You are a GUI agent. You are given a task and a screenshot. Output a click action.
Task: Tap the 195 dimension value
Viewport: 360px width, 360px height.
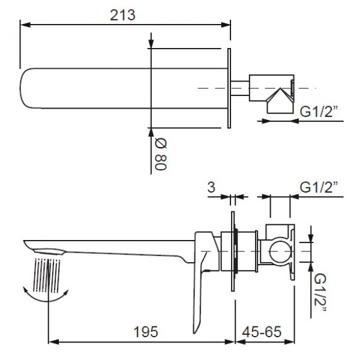[x=143, y=331]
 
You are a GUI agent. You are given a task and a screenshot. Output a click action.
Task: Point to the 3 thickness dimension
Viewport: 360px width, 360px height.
[x=211, y=187]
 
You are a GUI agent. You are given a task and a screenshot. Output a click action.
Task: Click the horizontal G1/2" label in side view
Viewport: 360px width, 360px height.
[x=319, y=187]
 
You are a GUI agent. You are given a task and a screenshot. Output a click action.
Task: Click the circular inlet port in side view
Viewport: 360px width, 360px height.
[x=279, y=248]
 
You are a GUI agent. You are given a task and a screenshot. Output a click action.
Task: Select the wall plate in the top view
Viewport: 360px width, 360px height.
[x=229, y=88]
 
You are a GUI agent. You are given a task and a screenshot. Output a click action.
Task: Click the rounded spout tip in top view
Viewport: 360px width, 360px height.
[x=27, y=88]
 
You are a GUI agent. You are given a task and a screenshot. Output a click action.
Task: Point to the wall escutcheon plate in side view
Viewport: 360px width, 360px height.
[x=232, y=247]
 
